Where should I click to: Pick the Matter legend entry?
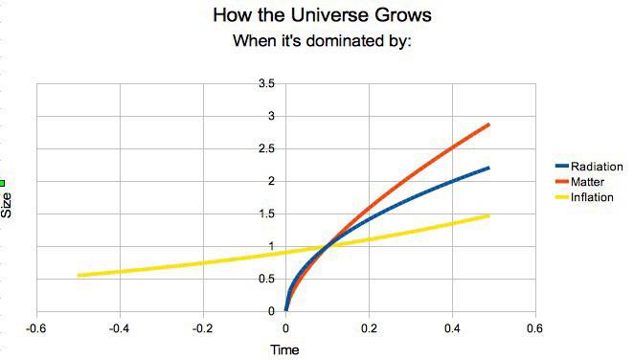pos(586,181)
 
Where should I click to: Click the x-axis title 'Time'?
pos(284,349)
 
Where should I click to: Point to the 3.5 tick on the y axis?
pos(266,84)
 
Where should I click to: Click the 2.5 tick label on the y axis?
pos(266,149)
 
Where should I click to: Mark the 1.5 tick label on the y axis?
pos(266,214)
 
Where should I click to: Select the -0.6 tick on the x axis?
pos(36,326)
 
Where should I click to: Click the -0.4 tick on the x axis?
pos(119,326)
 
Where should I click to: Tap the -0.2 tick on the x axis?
pos(202,326)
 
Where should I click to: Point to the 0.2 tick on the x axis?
pos(368,326)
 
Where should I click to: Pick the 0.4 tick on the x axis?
pos(451,326)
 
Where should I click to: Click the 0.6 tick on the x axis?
pos(533,326)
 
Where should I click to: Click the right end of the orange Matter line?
pos(488,124)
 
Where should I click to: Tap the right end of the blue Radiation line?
pos(488,168)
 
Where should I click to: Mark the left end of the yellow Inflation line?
pos(79,275)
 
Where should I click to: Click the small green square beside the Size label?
pos(3,183)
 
